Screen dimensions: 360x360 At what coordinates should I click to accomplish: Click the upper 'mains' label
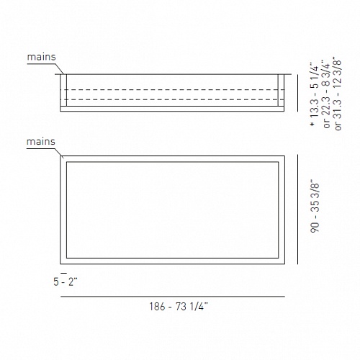pos(41,57)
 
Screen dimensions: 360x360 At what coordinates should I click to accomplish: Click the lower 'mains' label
pos(41,142)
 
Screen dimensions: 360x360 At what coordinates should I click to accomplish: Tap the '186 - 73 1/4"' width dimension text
pos(179,307)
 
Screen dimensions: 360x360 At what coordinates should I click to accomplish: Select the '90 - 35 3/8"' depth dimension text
pos(315,207)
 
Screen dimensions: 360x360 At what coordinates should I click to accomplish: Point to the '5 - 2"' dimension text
pos(66,282)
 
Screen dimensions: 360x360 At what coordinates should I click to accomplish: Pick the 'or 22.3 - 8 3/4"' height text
pos(326,94)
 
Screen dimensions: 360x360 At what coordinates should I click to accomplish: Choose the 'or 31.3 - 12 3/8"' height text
pos(338,94)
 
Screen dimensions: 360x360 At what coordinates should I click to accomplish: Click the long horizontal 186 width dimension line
pos(173,297)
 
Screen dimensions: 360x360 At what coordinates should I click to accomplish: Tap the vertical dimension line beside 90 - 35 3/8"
pos(298,210)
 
